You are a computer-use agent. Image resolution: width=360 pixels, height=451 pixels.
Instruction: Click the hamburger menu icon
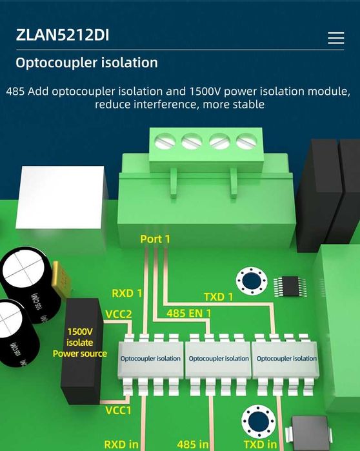(x=335, y=38)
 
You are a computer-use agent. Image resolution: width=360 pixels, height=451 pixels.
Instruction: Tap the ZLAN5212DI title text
(x=63, y=35)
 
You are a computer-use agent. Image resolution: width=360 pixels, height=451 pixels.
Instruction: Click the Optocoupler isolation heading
(x=86, y=63)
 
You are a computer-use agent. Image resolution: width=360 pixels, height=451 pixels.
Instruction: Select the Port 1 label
(x=155, y=239)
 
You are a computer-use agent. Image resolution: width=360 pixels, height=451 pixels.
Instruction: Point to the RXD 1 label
(x=127, y=293)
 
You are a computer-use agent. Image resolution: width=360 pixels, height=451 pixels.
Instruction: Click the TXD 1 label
(x=219, y=297)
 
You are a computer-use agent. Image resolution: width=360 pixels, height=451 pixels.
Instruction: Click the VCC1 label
(x=119, y=410)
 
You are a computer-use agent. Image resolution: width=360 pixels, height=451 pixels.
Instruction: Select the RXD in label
(x=121, y=444)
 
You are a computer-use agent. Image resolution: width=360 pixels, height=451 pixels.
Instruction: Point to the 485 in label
(x=193, y=444)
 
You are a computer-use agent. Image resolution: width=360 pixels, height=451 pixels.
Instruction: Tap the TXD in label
(x=260, y=444)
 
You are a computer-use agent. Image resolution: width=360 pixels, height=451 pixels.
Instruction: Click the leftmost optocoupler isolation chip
(x=150, y=358)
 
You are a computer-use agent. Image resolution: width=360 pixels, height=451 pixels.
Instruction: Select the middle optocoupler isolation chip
(x=217, y=358)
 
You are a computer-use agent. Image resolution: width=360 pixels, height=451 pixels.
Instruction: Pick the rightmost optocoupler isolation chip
(x=286, y=358)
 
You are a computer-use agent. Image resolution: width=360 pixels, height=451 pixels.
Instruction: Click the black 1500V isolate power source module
(x=81, y=352)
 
